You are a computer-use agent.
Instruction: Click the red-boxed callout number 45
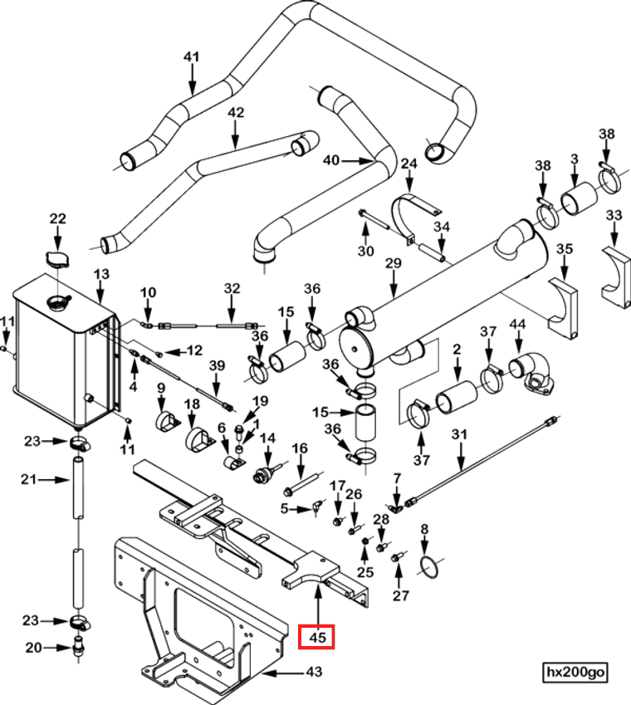(316, 637)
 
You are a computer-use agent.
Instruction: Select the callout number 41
(192, 56)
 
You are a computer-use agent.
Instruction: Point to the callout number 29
(393, 263)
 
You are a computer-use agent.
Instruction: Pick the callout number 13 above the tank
(101, 274)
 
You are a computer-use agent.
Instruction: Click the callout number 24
(408, 164)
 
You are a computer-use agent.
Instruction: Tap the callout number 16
(300, 448)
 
